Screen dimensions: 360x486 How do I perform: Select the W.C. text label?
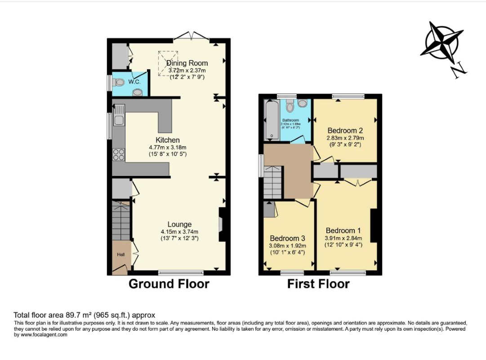pos(134,82)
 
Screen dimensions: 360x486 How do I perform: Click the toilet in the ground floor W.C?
pos(119,83)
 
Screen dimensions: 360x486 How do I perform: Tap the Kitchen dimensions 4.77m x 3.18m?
pos(168,147)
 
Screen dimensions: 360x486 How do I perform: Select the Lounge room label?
pos(179,224)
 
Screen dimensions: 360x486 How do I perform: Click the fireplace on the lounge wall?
pos(222,225)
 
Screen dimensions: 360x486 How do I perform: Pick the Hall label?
pos(121,255)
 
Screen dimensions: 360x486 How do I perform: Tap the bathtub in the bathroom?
pos(271,120)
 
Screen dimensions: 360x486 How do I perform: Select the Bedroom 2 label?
pos(345,130)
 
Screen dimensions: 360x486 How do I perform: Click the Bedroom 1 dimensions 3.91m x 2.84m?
pos(344,238)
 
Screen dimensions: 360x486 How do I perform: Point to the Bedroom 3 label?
pos(288,238)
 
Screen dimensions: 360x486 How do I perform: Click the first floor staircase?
pos(273,182)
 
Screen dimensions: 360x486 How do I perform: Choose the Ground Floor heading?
pos(169,284)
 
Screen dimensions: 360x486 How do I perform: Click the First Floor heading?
pos(318,284)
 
